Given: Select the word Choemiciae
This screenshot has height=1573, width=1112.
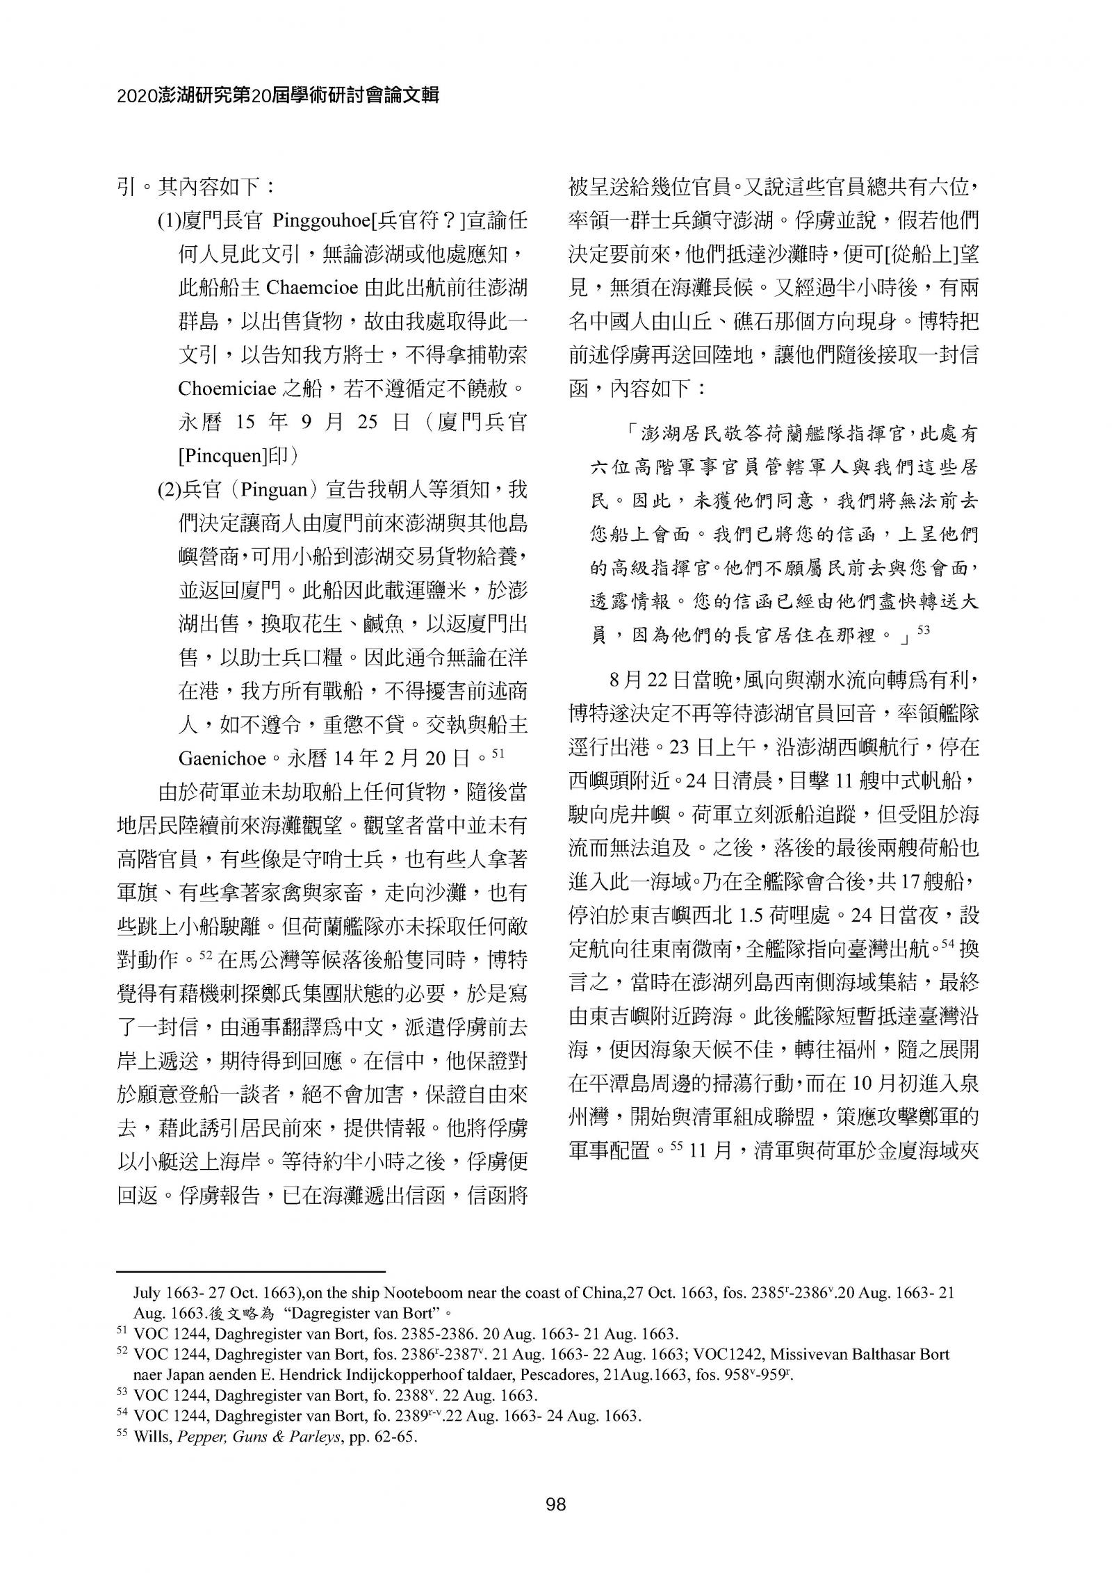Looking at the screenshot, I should pyautogui.click(x=228, y=387).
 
